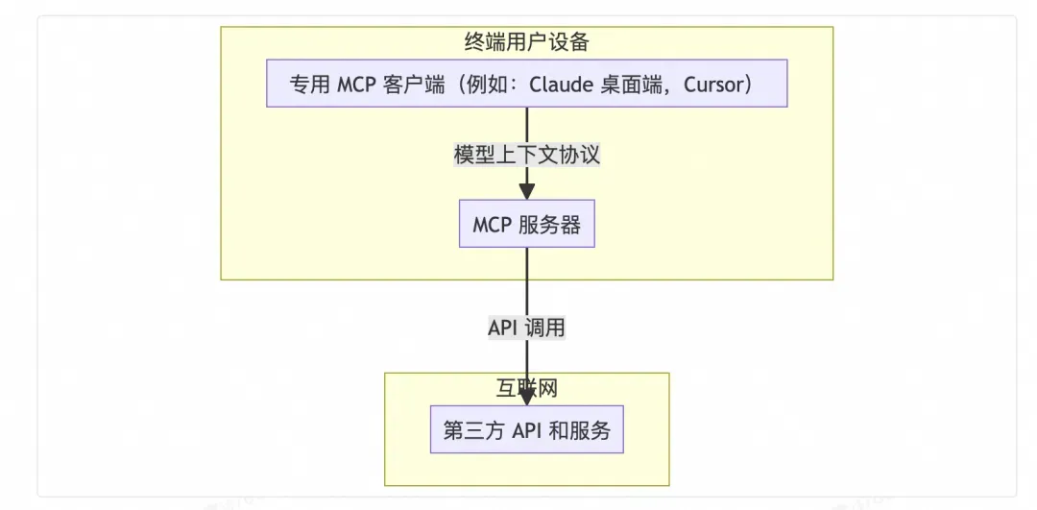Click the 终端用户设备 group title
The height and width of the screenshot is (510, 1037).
[526, 42]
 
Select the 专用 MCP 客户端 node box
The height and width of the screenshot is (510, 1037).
[526, 84]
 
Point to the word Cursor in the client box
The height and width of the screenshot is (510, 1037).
[714, 85]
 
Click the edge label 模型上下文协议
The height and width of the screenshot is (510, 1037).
[526, 155]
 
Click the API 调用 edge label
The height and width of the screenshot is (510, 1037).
[526, 327]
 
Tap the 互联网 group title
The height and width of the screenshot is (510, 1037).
[526, 389]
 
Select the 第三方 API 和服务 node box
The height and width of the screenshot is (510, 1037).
[526, 430]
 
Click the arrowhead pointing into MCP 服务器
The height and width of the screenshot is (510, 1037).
[526, 191]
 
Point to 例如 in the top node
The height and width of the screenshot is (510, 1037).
[494, 85]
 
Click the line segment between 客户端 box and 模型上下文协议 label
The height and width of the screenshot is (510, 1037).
[526, 125]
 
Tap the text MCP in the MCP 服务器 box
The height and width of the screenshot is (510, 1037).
[492, 226]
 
